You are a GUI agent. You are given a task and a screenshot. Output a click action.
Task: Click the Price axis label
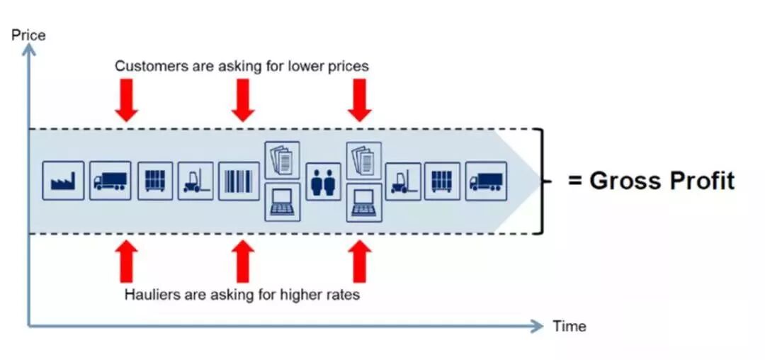pos(28,34)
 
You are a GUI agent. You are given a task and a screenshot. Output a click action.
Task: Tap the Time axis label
pos(569,326)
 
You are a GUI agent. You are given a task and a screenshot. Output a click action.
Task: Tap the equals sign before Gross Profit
pos(575,181)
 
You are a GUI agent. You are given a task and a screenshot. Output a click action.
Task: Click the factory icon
pos(63,181)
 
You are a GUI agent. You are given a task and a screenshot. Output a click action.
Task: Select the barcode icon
pos(239,181)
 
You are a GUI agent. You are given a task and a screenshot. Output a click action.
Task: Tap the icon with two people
pos(324,181)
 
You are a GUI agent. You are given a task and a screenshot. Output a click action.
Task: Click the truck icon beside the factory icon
pos(110,181)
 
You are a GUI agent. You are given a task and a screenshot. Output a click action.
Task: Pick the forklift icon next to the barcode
pos(195,181)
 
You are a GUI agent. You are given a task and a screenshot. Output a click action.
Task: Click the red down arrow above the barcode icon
pos(243,101)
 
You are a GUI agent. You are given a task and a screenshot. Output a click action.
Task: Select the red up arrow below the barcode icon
pos(243,261)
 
